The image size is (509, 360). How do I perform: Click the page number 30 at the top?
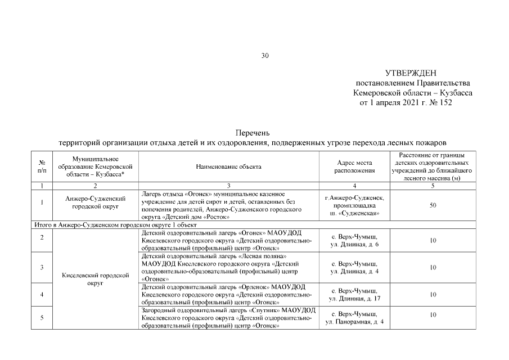click(x=265, y=55)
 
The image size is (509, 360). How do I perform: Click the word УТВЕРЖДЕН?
click(x=411, y=73)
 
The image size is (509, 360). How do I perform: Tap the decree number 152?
click(x=445, y=102)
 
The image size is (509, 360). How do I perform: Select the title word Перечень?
click(x=254, y=133)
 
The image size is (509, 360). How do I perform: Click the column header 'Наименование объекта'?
click(x=228, y=166)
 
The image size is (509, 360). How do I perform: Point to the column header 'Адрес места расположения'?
click(x=354, y=166)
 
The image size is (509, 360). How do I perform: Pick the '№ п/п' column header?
click(x=42, y=166)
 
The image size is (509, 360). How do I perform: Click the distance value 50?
click(x=433, y=205)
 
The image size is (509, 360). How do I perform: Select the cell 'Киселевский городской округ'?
click(x=95, y=280)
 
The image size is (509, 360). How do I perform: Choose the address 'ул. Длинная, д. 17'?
click(x=354, y=298)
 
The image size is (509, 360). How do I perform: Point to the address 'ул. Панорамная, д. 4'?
click(x=354, y=322)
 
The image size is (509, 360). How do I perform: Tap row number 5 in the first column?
click(x=42, y=318)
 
